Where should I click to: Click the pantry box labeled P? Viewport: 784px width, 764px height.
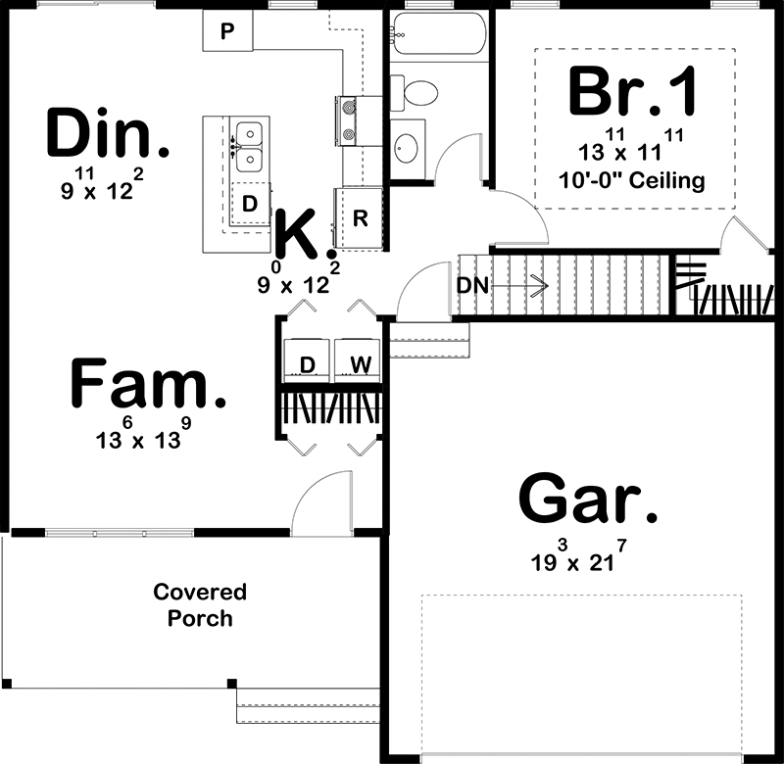click(228, 32)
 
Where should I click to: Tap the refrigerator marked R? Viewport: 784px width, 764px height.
click(359, 218)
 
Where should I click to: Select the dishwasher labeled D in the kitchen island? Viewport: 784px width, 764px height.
click(250, 204)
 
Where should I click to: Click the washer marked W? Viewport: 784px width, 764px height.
click(360, 365)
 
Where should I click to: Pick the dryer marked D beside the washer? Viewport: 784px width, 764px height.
click(307, 365)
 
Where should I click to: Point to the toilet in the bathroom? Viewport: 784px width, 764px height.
click(416, 93)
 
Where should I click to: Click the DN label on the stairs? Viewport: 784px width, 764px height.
click(470, 285)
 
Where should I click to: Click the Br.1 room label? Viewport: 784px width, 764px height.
click(634, 91)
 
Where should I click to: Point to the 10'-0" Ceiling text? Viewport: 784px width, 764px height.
click(633, 181)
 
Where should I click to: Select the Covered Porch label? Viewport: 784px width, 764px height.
click(199, 605)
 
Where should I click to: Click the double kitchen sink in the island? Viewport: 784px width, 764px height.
click(251, 144)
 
